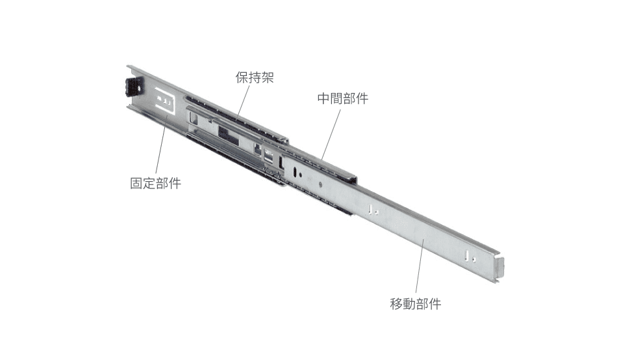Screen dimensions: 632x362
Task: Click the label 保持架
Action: pyautogui.click(x=255, y=77)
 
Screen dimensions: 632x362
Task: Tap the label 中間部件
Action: pyautogui.click(x=342, y=98)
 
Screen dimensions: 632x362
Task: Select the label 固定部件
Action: pyautogui.click(x=156, y=183)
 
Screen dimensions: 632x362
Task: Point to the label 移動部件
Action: pyautogui.click(x=416, y=304)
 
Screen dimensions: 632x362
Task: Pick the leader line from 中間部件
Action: pyautogui.click(x=331, y=134)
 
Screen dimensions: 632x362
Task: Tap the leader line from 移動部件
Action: pyautogui.click(x=420, y=266)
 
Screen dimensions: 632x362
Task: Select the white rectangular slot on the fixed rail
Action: pyautogui.click(x=166, y=100)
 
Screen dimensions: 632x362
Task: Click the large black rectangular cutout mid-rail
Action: pyautogui.click(x=228, y=135)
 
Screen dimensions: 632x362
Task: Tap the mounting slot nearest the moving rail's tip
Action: pyautogui.click(x=467, y=255)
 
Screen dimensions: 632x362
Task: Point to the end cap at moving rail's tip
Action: pyautogui.click(x=498, y=268)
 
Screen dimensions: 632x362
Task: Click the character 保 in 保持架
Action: pyautogui.click(x=242, y=77)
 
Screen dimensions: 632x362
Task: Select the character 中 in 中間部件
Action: pyautogui.click(x=323, y=98)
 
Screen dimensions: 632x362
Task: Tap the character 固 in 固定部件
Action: pyautogui.click(x=136, y=183)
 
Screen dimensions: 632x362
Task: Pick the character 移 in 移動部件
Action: pyautogui.click(x=396, y=304)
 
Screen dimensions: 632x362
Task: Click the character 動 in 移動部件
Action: pyautogui.click(x=409, y=304)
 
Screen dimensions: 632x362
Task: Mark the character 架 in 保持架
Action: pyautogui.click(x=268, y=77)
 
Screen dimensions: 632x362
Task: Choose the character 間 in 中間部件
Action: pyautogui.click(x=336, y=98)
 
